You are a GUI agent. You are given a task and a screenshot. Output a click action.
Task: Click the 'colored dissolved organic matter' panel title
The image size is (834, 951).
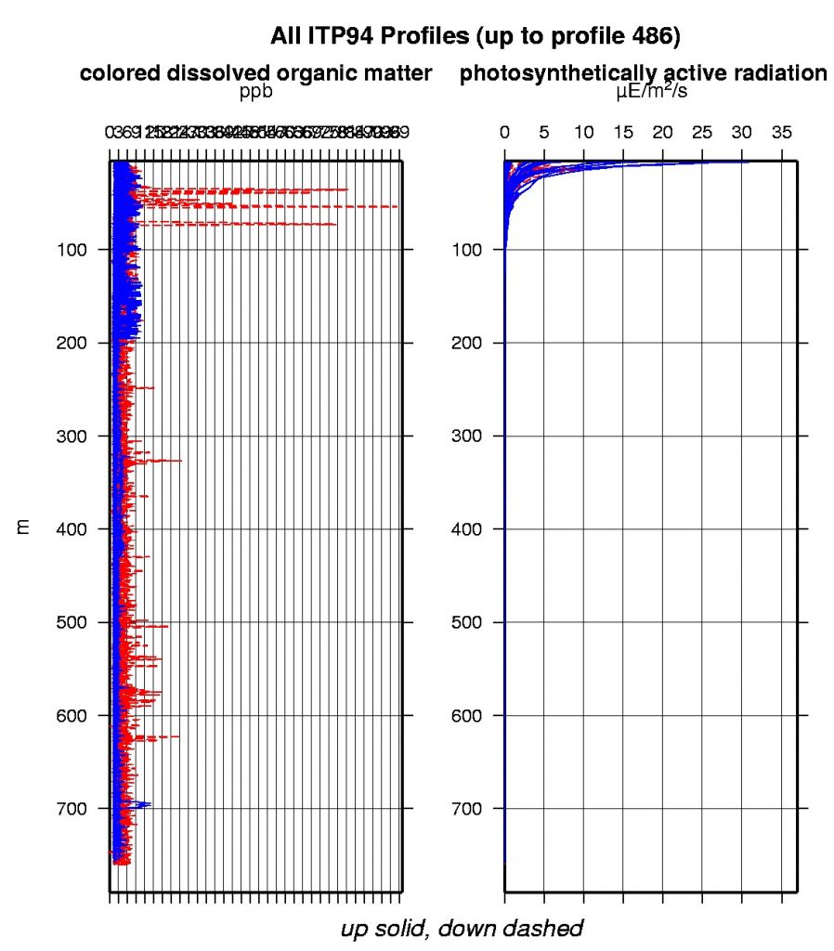(256, 74)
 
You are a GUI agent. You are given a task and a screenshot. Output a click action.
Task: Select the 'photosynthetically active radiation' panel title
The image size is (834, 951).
(644, 74)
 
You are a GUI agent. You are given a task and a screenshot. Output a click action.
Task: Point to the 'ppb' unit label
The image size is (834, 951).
(256, 92)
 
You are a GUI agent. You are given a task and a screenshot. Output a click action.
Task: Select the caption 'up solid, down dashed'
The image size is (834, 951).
(462, 928)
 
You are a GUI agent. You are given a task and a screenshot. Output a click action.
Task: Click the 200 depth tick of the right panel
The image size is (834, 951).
(467, 343)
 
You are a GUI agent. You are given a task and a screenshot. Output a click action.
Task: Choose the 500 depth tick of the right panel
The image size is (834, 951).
(467, 621)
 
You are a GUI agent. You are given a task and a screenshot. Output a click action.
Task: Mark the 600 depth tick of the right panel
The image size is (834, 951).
(467, 715)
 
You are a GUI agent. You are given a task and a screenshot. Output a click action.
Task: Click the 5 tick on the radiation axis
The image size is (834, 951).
(544, 133)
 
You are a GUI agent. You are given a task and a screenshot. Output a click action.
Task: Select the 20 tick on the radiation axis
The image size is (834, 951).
(662, 133)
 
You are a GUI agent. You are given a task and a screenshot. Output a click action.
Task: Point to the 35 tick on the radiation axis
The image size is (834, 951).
(781, 133)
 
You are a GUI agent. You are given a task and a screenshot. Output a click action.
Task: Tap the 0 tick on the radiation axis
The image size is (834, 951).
(505, 133)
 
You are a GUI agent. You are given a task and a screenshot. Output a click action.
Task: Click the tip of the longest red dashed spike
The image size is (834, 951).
(397, 206)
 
